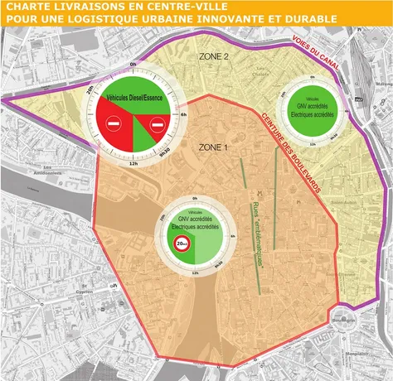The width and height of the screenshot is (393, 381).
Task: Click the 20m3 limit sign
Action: (182, 243)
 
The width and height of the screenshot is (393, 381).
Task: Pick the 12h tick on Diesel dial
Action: (132, 163)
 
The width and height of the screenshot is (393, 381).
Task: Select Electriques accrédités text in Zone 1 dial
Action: (196, 225)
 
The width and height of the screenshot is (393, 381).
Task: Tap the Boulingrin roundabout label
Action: (361, 320)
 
